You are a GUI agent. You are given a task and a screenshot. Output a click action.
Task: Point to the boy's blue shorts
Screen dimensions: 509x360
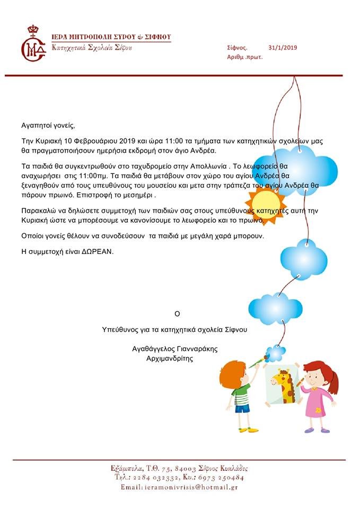pos(242,408)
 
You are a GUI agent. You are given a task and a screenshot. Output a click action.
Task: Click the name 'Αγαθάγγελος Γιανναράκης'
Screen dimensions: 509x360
pos(175,349)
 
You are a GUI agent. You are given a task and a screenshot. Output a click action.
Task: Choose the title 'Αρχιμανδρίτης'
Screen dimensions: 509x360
pos(169,358)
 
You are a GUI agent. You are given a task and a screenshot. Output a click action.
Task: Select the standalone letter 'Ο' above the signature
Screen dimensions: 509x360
pos(177,313)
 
